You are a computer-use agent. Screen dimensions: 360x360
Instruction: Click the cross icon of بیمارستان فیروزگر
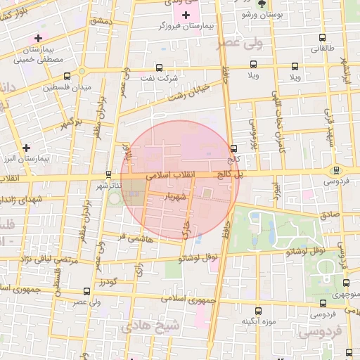(x=186, y=15)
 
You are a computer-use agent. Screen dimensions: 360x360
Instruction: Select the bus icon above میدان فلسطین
(x=67, y=76)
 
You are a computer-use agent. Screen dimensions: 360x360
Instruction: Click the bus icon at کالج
(x=233, y=148)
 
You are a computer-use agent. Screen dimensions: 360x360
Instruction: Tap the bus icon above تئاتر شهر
(x=108, y=174)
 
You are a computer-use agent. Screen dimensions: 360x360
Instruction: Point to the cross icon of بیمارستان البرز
(x=26, y=148)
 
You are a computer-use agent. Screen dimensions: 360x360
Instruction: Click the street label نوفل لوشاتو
(x=304, y=250)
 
